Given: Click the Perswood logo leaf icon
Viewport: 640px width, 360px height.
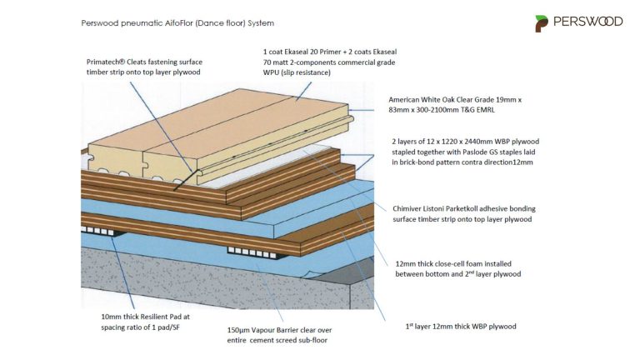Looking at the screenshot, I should [x=542, y=22].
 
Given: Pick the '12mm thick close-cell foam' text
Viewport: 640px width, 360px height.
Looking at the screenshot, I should [x=449, y=262].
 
